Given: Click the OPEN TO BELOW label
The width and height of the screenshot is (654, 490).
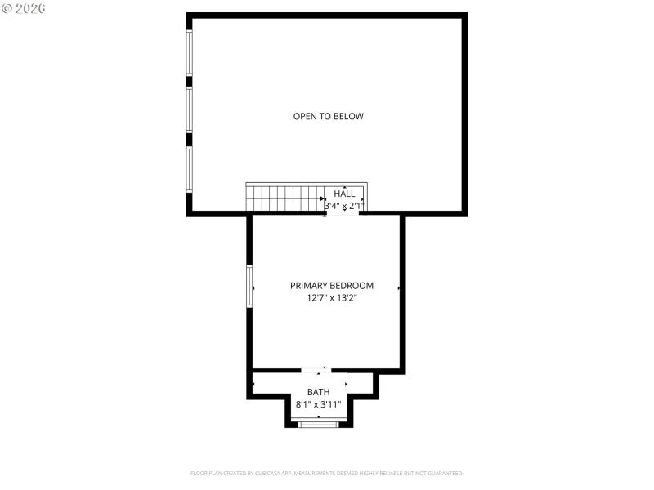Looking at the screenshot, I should [328, 117].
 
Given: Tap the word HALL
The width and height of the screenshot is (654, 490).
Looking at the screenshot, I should [345, 194].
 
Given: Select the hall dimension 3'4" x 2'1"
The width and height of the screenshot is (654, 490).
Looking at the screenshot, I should [343, 207].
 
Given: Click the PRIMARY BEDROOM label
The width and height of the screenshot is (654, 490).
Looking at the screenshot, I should [332, 286].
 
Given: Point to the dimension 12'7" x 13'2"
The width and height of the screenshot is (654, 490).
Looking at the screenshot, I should [332, 299].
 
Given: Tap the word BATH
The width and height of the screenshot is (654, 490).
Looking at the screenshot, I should [319, 393].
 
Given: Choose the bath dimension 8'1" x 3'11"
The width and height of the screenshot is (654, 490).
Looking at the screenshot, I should [319, 404].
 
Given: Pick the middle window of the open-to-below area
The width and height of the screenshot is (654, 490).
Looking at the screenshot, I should [190, 109].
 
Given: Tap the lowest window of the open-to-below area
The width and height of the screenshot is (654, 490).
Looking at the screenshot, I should [190, 169].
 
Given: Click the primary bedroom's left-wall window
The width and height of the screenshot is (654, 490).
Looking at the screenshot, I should [250, 286].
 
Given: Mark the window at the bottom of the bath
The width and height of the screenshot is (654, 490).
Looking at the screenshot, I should [318, 424].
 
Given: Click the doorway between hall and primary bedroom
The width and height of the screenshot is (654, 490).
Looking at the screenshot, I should [343, 213].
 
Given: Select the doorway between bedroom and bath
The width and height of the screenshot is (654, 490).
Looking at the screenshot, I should [316, 371].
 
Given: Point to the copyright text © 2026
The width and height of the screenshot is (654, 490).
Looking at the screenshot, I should [24, 7].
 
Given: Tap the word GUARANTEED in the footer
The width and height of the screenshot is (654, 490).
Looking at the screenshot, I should [446, 473].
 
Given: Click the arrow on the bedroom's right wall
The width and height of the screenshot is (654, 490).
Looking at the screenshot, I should [398, 288].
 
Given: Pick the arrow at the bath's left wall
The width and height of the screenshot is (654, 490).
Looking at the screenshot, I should [254, 384].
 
